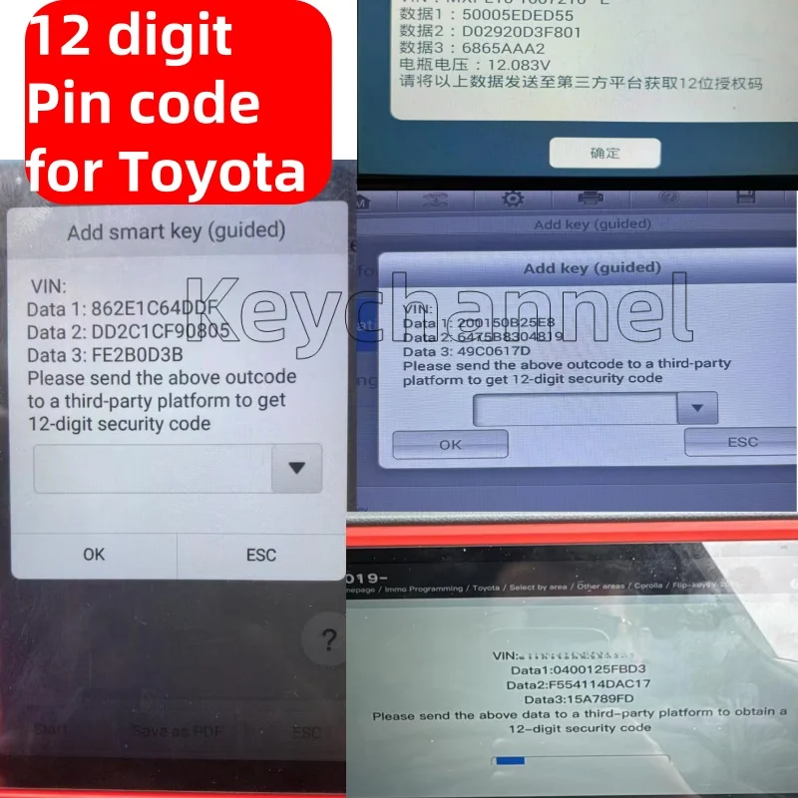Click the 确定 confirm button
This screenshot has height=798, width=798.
(x=604, y=153)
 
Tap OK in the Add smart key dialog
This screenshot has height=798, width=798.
(x=94, y=554)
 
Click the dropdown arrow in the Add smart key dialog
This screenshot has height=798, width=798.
(x=297, y=468)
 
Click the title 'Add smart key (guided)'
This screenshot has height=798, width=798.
(x=177, y=231)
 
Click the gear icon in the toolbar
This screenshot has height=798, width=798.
(x=513, y=199)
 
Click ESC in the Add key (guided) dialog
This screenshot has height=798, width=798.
(x=742, y=442)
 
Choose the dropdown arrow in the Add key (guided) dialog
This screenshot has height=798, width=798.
(x=698, y=408)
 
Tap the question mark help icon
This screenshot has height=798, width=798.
(x=328, y=641)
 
